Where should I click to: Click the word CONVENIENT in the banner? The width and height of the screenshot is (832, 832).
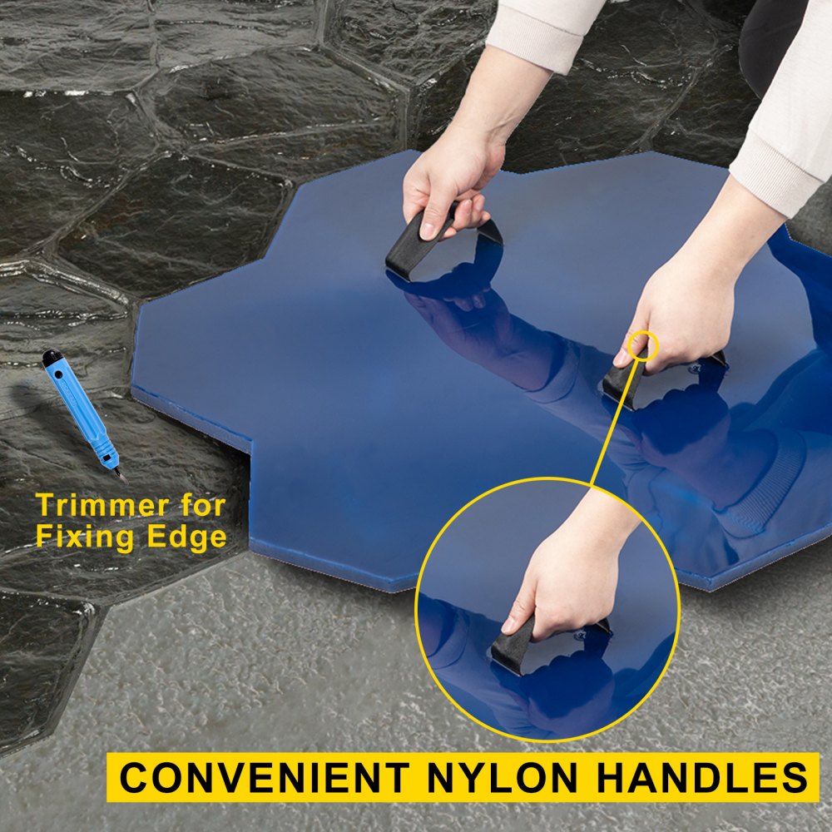[265, 777]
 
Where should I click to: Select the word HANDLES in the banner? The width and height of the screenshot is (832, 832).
[701, 777]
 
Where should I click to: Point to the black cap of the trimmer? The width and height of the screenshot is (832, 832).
[52, 357]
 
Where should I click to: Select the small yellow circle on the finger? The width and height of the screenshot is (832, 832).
[643, 346]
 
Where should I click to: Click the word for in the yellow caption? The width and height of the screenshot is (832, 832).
[204, 505]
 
